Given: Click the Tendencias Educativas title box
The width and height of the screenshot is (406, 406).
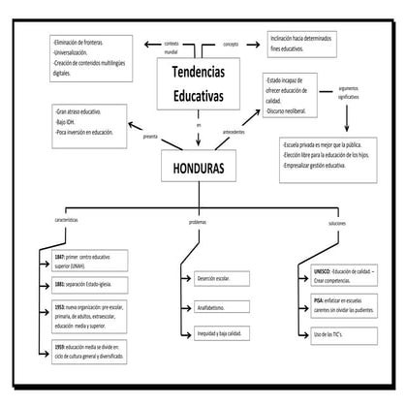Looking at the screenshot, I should [x=198, y=84].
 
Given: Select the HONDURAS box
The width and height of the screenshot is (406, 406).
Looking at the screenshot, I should [x=198, y=168].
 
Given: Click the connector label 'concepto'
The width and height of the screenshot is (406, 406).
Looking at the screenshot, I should [x=231, y=44].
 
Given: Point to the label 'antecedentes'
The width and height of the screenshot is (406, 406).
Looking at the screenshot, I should [x=234, y=133].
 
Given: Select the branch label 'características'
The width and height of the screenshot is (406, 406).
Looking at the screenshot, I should [x=67, y=222].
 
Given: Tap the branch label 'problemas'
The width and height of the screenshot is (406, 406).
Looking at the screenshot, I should [x=197, y=222].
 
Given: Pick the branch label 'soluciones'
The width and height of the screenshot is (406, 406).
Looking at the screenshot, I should [x=336, y=222].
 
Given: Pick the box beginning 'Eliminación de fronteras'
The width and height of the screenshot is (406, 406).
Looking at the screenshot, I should [x=89, y=57].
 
